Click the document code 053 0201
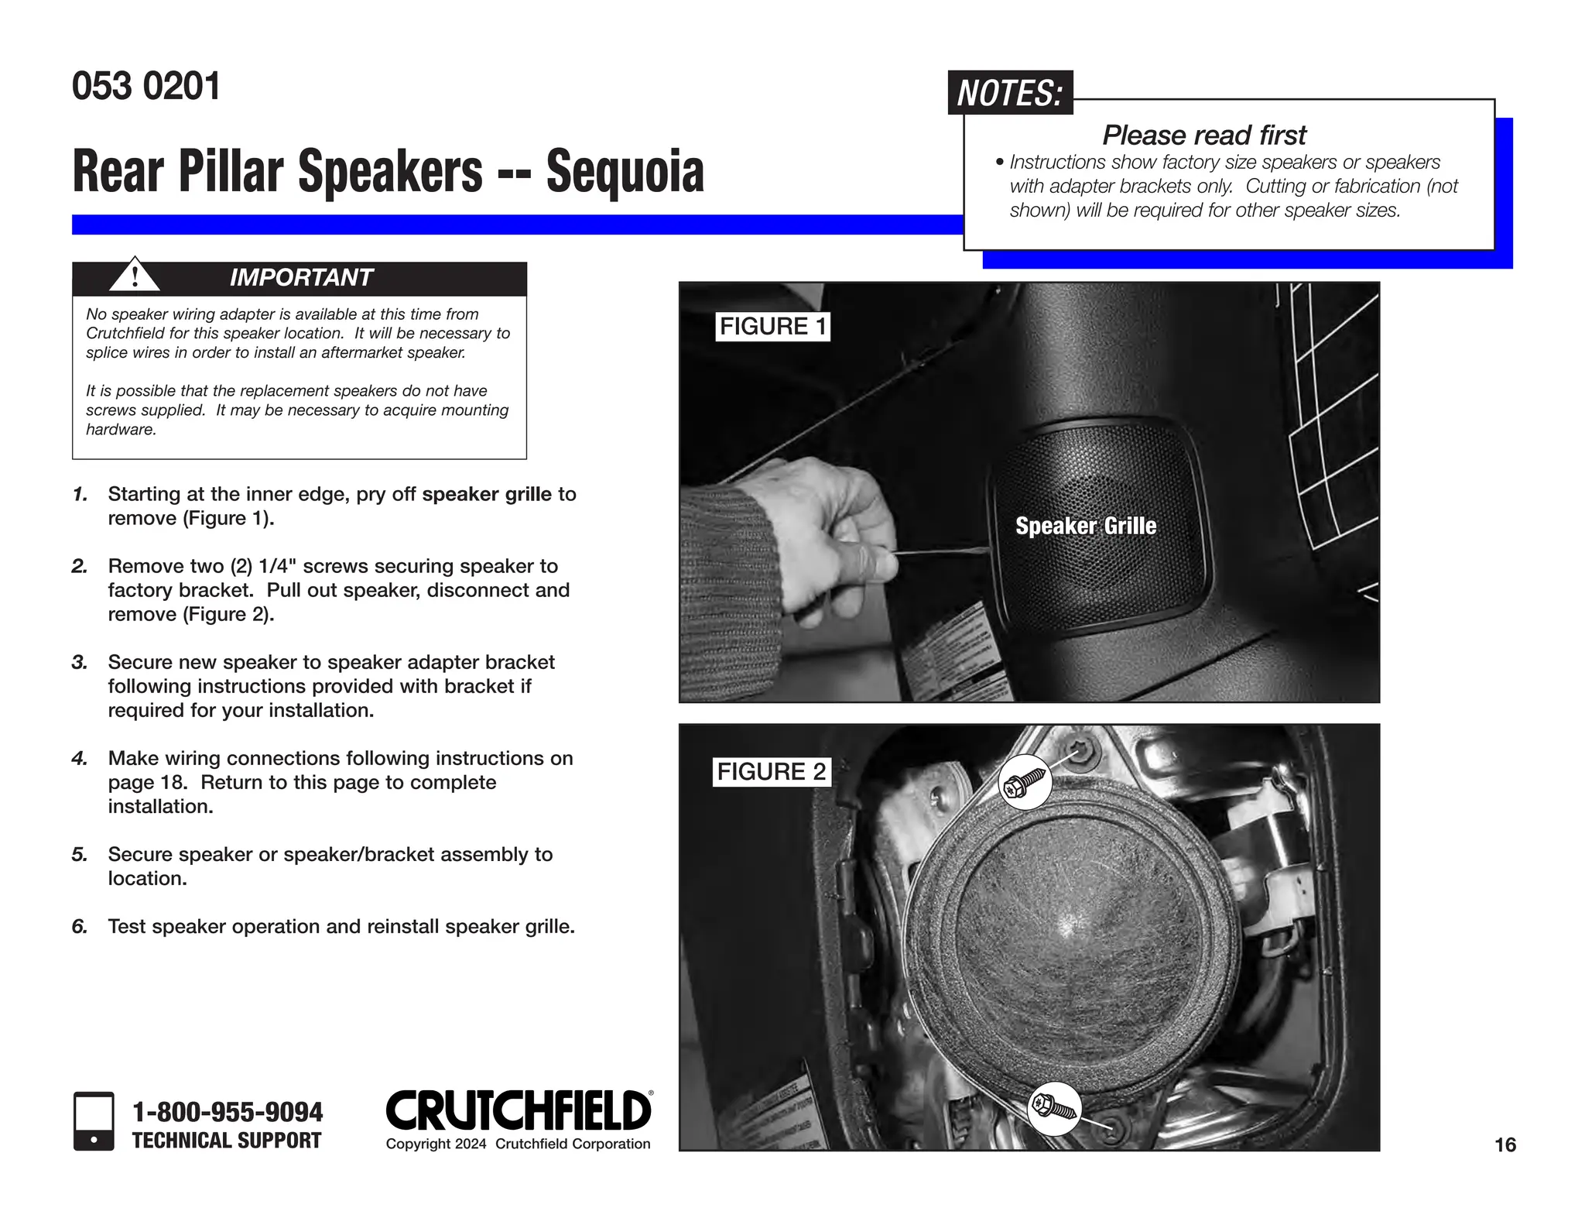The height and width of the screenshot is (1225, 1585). point(146,86)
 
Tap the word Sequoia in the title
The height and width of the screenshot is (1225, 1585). point(625,171)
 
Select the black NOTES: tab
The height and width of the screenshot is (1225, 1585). point(1010,93)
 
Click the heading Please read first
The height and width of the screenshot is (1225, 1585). point(1203,136)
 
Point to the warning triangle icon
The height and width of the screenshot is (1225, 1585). point(135,275)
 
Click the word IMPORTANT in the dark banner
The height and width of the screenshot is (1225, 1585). point(301,277)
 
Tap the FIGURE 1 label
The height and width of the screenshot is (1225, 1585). point(773,326)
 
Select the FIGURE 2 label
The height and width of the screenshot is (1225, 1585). point(772,771)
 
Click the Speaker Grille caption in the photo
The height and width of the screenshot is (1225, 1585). point(1085,526)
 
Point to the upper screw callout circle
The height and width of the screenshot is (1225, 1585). point(1025,783)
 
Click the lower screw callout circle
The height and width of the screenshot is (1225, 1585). point(1055,1108)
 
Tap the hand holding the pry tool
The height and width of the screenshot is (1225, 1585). point(836,534)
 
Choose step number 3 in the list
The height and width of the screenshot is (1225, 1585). point(79,662)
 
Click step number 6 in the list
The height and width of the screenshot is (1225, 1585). point(79,926)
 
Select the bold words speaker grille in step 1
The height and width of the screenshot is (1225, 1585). point(487,494)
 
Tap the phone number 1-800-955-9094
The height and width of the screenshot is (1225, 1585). point(228,1112)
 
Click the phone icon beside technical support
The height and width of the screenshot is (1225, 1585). point(94,1120)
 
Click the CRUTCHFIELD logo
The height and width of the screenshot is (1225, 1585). point(519,1110)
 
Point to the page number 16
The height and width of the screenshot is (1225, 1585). point(1505,1144)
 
